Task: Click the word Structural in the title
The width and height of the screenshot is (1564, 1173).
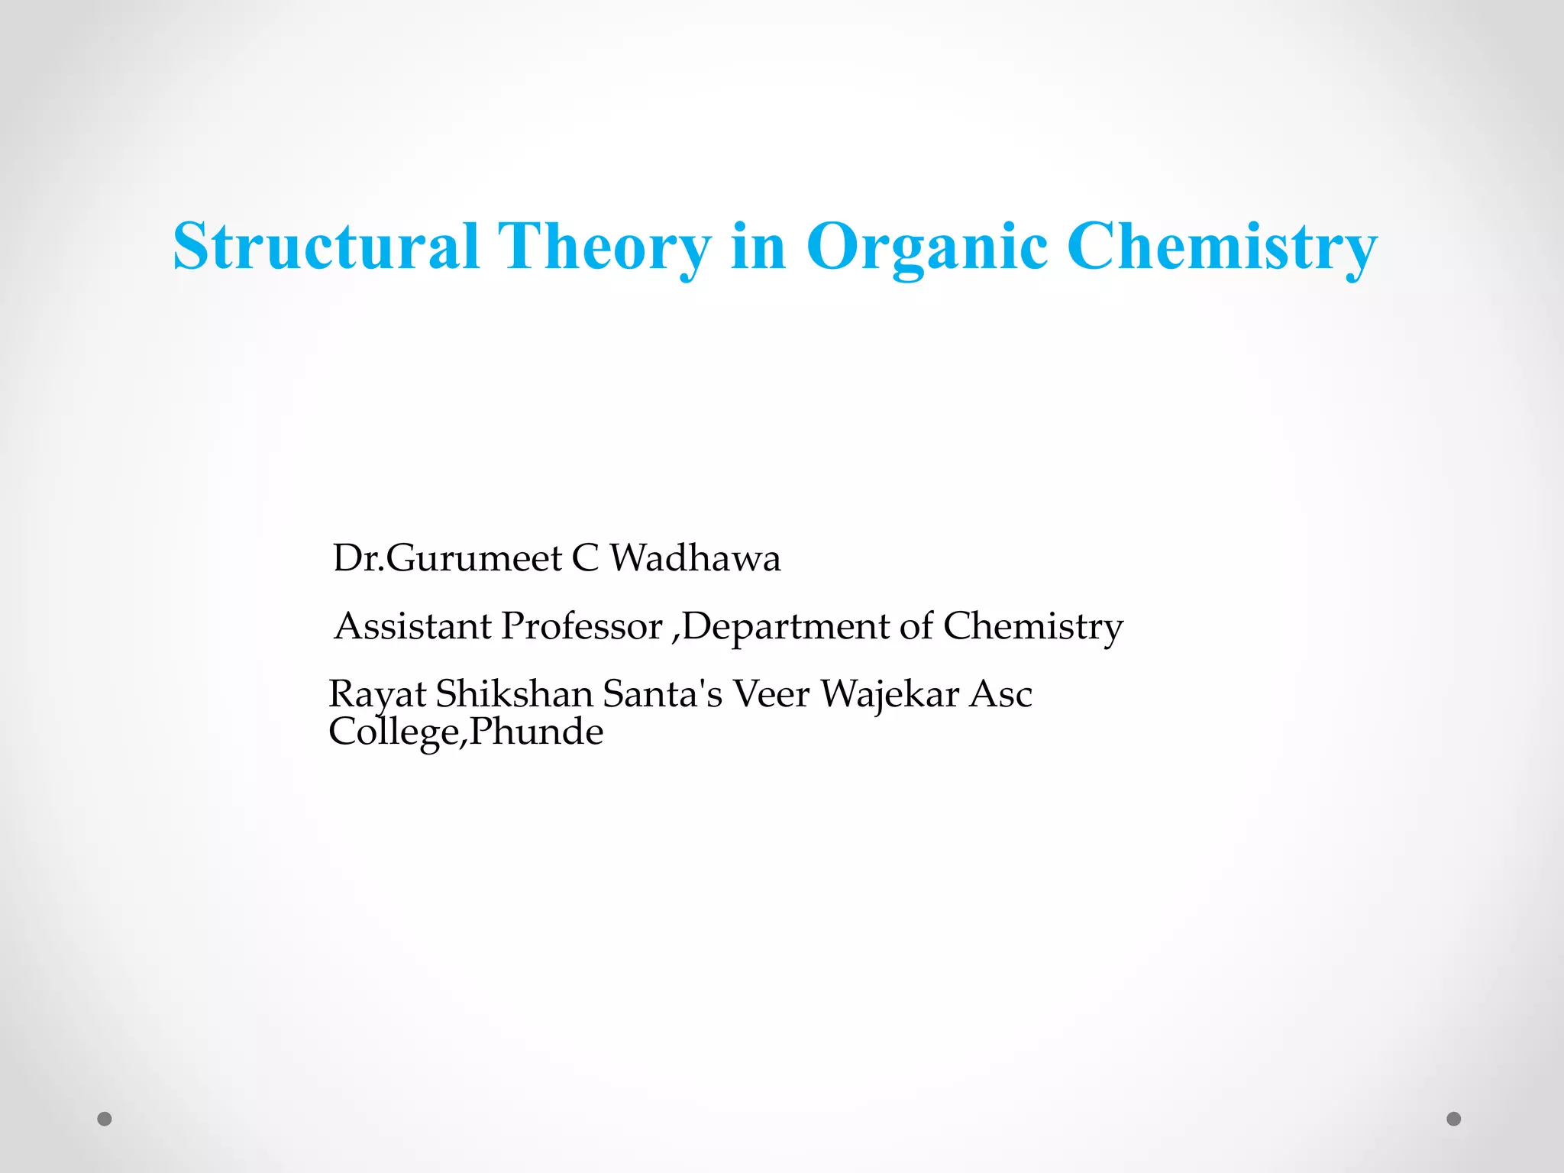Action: [326, 246]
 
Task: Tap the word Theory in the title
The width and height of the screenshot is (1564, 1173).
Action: [604, 246]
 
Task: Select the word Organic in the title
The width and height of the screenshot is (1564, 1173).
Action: [926, 246]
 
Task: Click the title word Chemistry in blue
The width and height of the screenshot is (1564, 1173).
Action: [1222, 246]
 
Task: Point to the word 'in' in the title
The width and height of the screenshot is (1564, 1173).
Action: [758, 246]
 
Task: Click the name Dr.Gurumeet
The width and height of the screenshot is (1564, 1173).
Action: [448, 557]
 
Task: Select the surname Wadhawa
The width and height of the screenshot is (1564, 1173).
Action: [695, 557]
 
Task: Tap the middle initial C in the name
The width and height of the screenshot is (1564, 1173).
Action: [585, 557]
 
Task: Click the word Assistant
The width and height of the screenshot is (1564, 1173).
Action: [413, 626]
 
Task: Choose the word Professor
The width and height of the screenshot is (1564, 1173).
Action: [582, 626]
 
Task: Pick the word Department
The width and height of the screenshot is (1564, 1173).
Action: [786, 626]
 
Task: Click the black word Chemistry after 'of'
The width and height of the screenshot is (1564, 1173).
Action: [1033, 626]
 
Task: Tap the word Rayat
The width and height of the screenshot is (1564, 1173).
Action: [377, 694]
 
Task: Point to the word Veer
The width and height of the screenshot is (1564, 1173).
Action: [771, 694]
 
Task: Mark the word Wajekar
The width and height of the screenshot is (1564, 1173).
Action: [890, 694]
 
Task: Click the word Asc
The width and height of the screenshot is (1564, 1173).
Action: [1000, 694]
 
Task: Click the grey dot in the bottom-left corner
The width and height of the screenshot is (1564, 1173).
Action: [105, 1119]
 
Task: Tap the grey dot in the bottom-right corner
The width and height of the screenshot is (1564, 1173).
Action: [1454, 1119]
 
